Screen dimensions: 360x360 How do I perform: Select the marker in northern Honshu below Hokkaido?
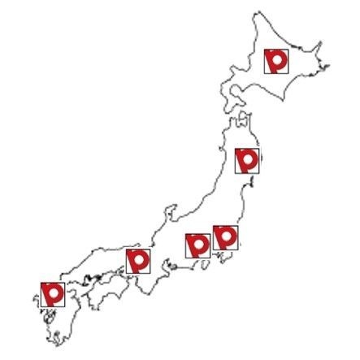click(x=246, y=160)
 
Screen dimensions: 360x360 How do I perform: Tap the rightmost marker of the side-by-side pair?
click(x=224, y=237)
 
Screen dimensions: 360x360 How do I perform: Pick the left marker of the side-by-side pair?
click(x=197, y=245)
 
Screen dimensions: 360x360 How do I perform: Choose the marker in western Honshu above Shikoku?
click(x=138, y=261)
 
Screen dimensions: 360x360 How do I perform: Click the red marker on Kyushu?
click(x=53, y=293)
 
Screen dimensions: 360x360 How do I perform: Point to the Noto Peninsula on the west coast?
click(x=171, y=213)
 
